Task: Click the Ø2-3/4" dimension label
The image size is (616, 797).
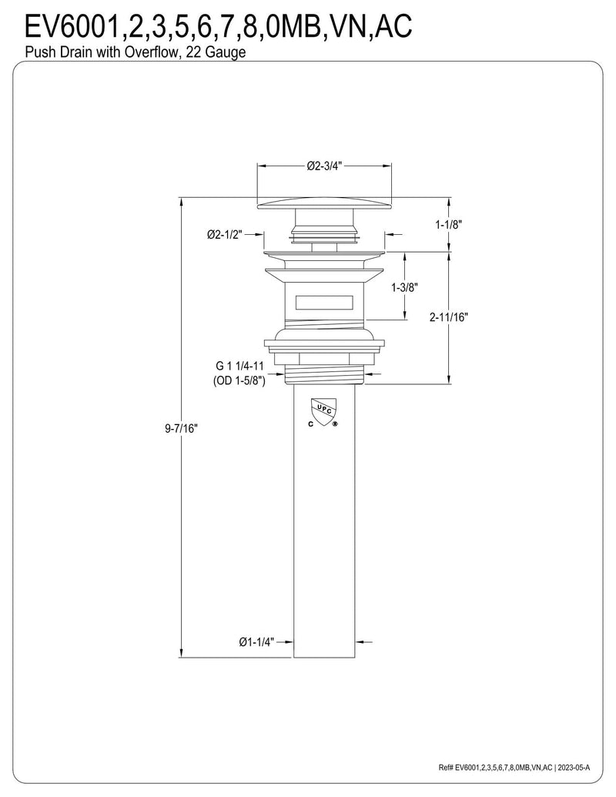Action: (x=325, y=166)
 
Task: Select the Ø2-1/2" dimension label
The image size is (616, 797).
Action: (x=225, y=234)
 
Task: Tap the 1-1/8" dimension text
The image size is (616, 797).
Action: (x=449, y=224)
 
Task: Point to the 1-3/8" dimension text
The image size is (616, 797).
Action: (x=404, y=288)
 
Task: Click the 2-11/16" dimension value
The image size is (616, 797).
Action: (x=449, y=317)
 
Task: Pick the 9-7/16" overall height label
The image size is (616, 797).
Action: (x=181, y=428)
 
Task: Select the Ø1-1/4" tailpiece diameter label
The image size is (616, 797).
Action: (x=256, y=642)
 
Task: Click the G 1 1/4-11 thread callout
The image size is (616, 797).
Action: (x=240, y=366)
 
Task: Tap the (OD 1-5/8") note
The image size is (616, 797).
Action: (x=239, y=381)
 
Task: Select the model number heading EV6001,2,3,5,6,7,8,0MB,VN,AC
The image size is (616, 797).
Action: (x=218, y=25)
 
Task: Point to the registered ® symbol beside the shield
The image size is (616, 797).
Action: (x=334, y=424)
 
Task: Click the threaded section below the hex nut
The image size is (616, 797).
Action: (x=325, y=374)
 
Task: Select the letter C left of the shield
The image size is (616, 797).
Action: (x=310, y=424)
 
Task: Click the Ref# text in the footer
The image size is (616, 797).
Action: (x=446, y=768)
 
